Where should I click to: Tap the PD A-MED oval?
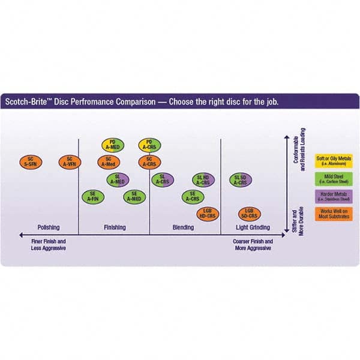[113, 145]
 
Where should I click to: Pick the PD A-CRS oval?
[149, 145]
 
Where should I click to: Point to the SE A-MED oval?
[134, 196]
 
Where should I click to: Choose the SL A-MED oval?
[119, 179]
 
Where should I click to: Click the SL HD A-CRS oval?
[203, 179]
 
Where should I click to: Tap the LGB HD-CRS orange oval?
[208, 213]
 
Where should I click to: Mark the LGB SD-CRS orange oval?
[248, 213]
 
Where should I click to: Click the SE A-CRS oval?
[193, 196]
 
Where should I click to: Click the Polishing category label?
[49, 228]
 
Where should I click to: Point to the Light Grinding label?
[252, 228]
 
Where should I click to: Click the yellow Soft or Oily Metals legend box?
[334, 161]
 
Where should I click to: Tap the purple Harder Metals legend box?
[334, 196]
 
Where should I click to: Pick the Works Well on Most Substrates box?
[334, 214]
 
